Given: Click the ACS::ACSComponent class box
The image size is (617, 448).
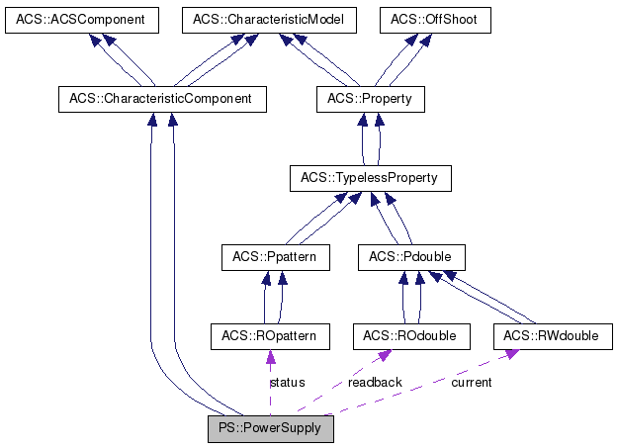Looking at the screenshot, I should click(x=75, y=20).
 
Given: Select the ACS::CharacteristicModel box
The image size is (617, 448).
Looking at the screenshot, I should click(x=258, y=20).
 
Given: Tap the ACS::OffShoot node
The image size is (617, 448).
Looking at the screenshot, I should click(x=435, y=20).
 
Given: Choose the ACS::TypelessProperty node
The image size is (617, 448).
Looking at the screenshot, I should click(x=370, y=178).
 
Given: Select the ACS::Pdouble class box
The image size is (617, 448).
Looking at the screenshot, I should click(x=410, y=257).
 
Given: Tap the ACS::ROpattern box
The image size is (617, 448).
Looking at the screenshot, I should click(x=270, y=336).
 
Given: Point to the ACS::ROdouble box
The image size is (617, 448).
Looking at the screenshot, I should click(x=409, y=336).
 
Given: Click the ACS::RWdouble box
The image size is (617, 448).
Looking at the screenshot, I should click(x=552, y=336).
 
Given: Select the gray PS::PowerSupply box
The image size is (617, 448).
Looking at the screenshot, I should click(x=271, y=428).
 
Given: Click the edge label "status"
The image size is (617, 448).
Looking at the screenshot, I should click(x=287, y=383).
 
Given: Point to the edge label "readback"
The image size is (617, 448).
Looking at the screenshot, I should click(x=375, y=383).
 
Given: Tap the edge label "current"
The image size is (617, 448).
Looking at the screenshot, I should click(x=471, y=383).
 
